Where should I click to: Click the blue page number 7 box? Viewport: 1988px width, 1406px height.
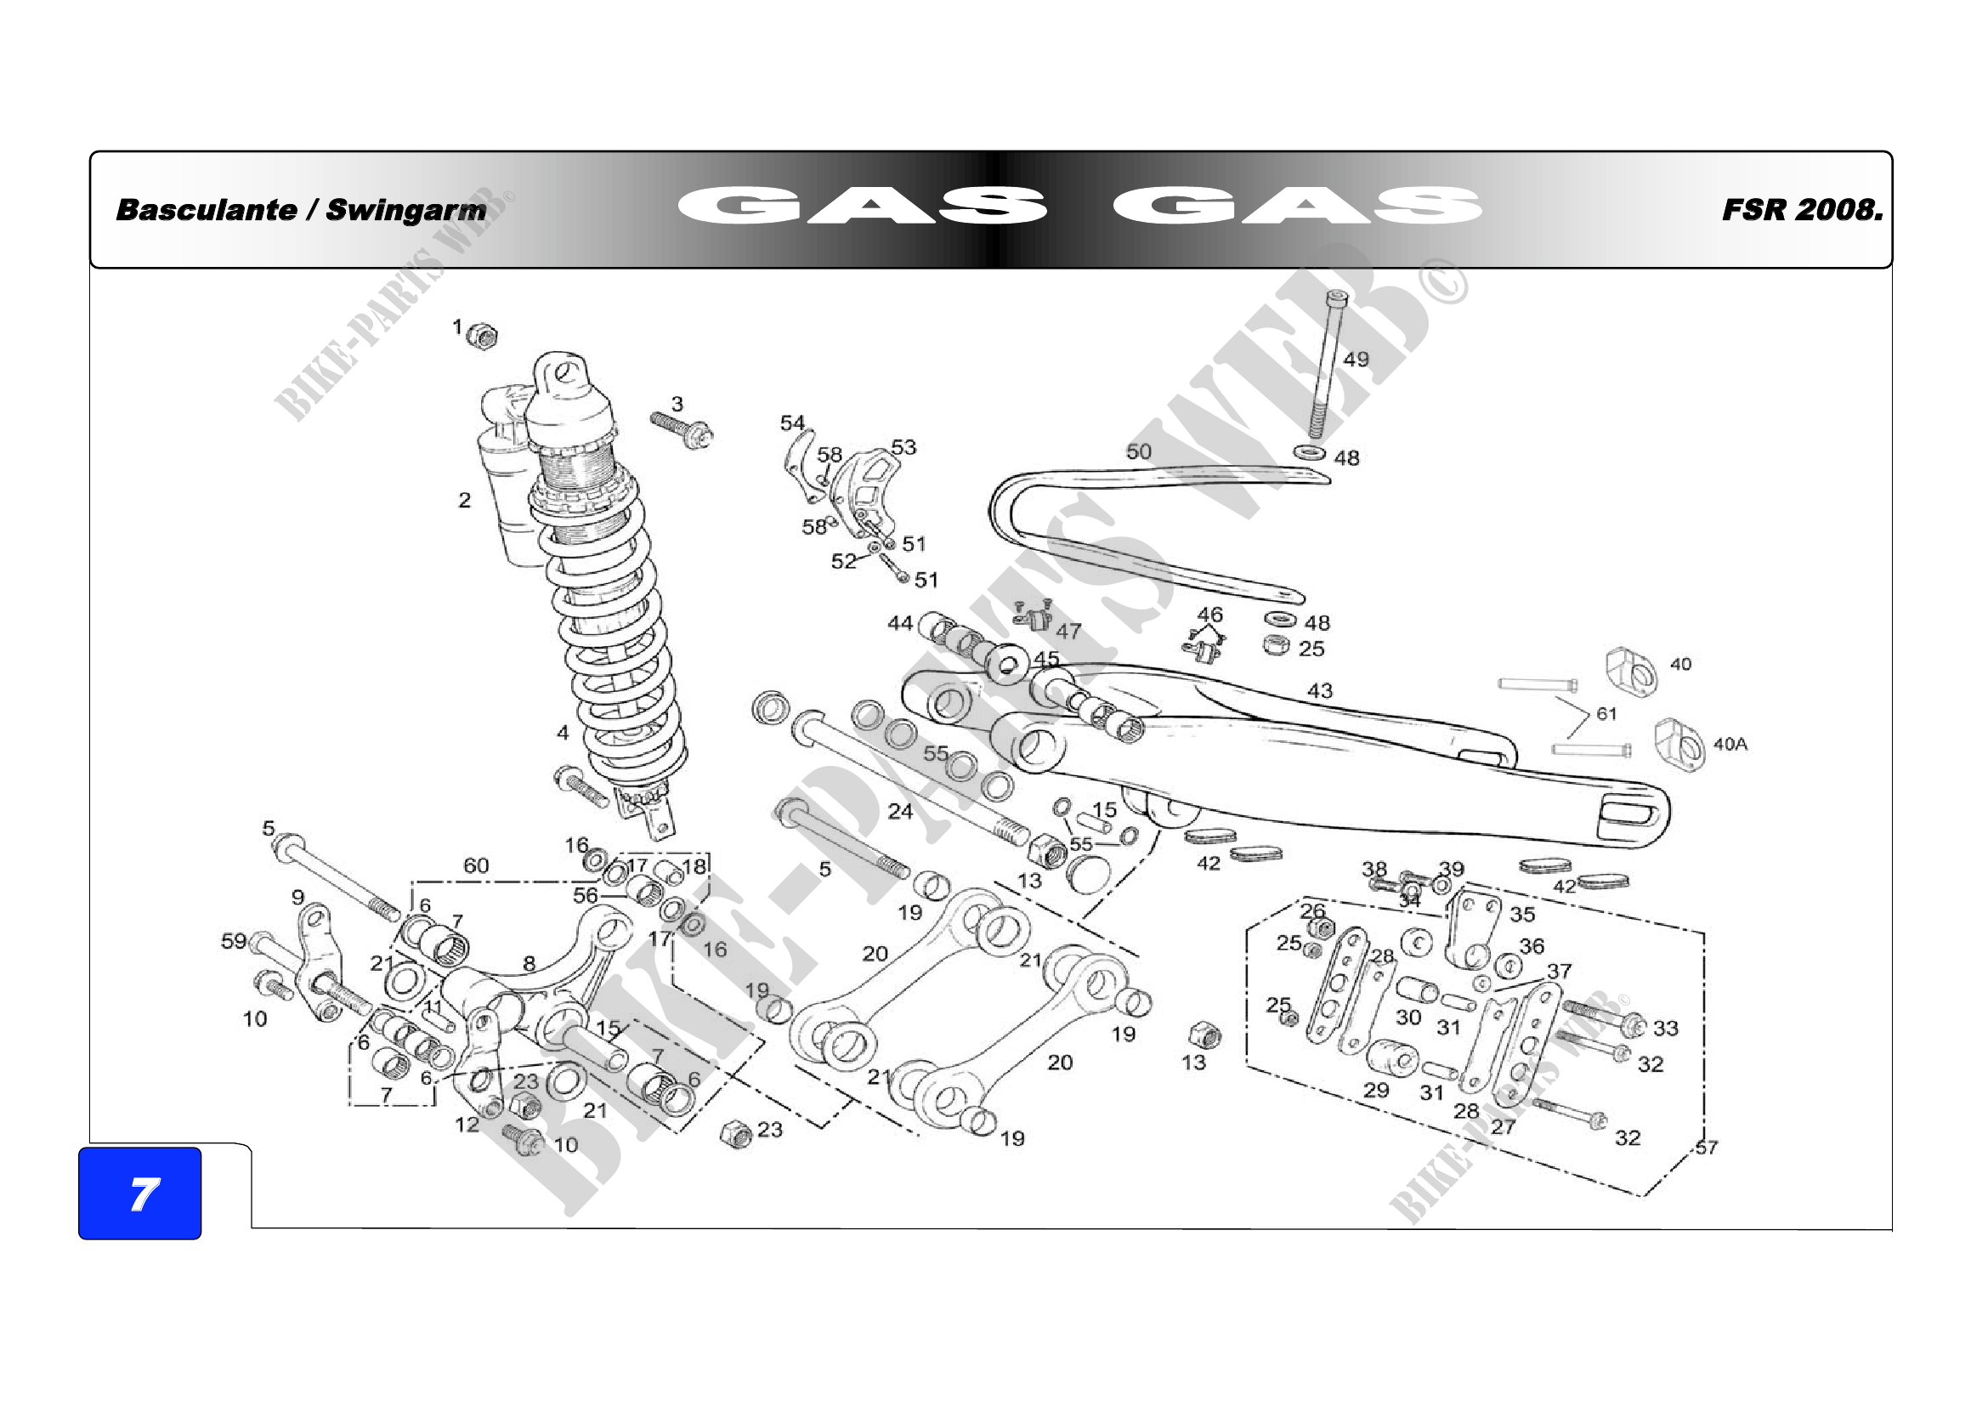(139, 1193)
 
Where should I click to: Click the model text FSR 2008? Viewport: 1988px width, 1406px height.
(1802, 210)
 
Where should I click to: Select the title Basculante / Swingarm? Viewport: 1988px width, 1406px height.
(302, 210)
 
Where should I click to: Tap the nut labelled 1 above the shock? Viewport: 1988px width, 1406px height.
(480, 335)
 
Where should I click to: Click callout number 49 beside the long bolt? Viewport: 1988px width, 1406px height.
(1355, 360)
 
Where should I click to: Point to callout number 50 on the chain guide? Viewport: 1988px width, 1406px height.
(1139, 452)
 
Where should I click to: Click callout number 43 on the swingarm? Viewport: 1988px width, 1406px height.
(1320, 691)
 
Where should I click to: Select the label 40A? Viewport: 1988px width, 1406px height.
(1730, 744)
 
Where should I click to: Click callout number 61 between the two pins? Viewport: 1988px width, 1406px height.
(1606, 713)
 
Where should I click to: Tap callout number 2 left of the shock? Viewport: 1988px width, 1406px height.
(465, 501)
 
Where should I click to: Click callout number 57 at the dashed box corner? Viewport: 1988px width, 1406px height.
(1706, 1147)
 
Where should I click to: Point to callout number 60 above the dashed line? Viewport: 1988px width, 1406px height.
(476, 865)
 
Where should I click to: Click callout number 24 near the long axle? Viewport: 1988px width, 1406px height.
(900, 811)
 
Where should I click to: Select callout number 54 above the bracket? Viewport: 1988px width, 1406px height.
(792, 423)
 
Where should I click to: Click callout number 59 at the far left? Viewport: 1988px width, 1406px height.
(234, 940)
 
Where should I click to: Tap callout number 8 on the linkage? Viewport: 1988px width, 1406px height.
(529, 963)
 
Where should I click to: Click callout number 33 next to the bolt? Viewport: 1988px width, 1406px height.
(1665, 1028)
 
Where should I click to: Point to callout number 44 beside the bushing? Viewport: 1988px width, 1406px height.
(900, 622)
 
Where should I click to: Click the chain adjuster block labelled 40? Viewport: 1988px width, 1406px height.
(1631, 671)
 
